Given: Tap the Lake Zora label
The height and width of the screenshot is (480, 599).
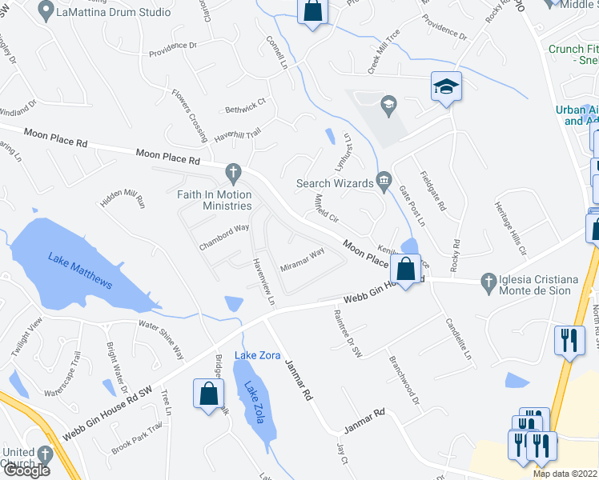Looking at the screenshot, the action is click(x=257, y=355).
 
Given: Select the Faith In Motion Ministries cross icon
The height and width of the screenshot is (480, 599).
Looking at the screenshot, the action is click(x=233, y=172).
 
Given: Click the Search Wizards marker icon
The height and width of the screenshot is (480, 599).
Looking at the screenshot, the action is click(x=384, y=182).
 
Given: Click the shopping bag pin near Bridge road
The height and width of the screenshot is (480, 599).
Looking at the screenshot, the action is click(x=208, y=394).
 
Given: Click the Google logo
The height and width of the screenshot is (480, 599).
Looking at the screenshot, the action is click(x=26, y=471).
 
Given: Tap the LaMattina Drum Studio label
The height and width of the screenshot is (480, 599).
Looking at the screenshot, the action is click(x=114, y=12).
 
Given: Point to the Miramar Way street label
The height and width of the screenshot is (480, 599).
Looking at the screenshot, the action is click(x=302, y=258).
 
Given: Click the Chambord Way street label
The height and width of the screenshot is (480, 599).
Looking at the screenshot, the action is click(x=224, y=238).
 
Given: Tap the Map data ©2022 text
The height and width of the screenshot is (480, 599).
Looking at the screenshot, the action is click(x=565, y=474).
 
